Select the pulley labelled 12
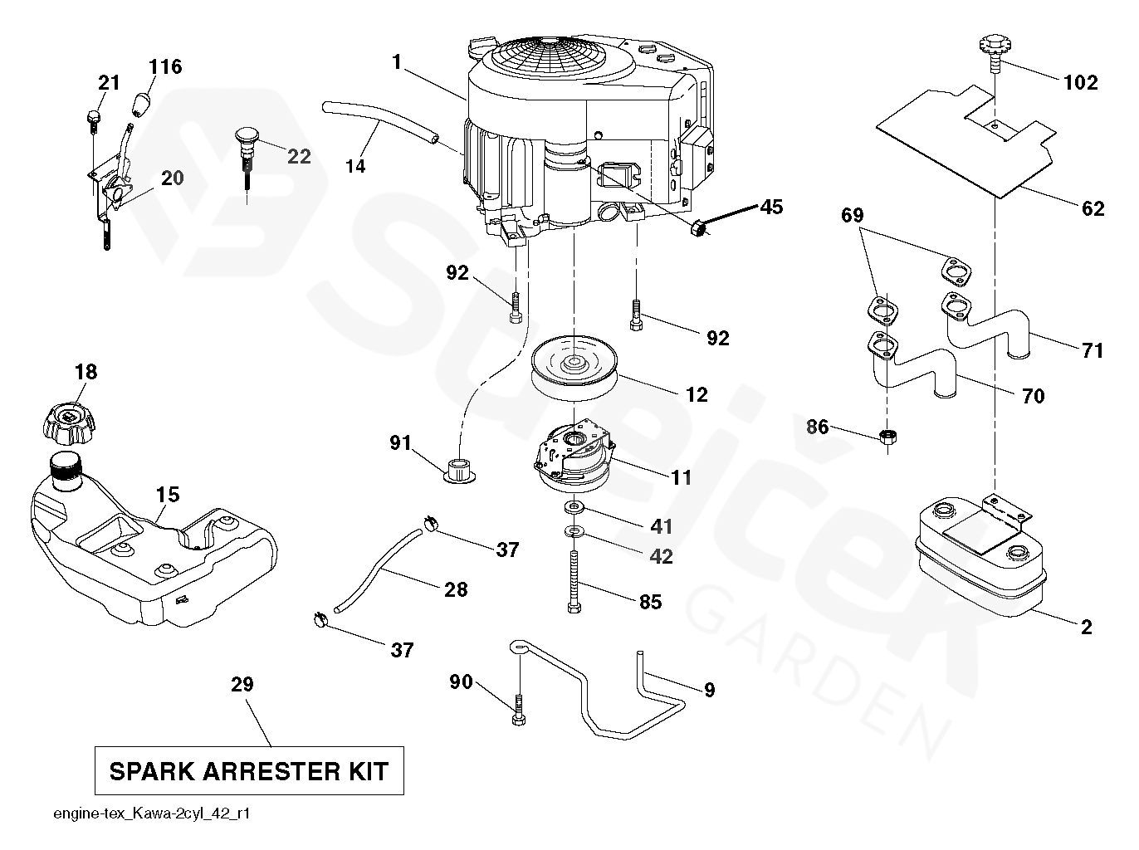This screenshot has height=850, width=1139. tap(573, 370)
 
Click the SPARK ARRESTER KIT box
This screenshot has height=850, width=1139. tap(248, 771)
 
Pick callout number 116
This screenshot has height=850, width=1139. tap(166, 66)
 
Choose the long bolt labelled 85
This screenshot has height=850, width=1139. tap(573, 581)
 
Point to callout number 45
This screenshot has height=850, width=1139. tap(771, 207)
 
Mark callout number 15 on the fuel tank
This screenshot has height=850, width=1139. tap(167, 495)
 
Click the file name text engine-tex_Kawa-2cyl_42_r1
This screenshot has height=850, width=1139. tap(151, 814)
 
